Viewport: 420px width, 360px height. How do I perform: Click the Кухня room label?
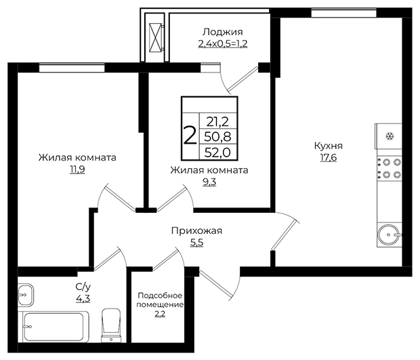[329, 146]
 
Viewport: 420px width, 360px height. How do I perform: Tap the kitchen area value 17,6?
[329, 158]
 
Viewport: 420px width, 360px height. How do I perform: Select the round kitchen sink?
[388, 235]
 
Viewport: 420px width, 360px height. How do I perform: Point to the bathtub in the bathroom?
[54, 327]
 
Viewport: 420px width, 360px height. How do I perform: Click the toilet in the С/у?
[111, 325]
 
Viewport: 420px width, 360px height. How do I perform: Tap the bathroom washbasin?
[26, 295]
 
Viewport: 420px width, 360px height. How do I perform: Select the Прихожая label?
[197, 231]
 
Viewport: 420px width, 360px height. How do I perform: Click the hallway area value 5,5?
[197, 243]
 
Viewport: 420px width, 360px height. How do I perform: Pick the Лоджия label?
[223, 32]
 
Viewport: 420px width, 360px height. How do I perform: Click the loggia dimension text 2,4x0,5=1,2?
[223, 43]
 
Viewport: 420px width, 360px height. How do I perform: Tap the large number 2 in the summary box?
[190, 136]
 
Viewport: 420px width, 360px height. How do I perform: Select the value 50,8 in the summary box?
[217, 137]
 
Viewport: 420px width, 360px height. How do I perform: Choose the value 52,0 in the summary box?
[217, 153]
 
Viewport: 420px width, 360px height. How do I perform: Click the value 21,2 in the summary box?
[217, 122]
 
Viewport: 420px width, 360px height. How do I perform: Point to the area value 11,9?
[77, 169]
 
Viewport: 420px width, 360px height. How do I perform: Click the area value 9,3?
[209, 182]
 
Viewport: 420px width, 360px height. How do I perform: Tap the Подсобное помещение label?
[160, 300]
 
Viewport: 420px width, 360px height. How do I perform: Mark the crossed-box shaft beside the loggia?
[156, 37]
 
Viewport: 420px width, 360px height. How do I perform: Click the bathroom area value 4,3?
[83, 298]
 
